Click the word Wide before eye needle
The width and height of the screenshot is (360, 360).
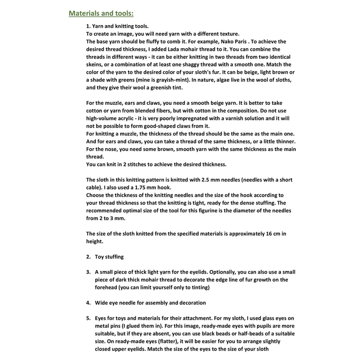point(102,302)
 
